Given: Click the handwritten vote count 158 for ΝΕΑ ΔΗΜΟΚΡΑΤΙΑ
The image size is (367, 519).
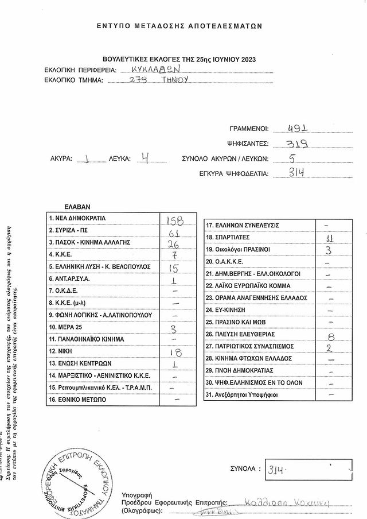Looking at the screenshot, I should click(174, 220).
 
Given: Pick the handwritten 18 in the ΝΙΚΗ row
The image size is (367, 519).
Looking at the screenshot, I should click(175, 352).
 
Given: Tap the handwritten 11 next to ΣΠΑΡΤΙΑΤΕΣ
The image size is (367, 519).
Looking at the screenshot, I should click(329, 238).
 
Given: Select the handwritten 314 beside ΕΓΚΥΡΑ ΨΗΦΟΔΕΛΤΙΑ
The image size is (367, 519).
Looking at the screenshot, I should click(296, 172).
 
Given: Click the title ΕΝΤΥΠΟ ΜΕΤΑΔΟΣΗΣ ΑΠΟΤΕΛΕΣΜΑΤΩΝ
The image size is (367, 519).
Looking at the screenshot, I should click(179, 26).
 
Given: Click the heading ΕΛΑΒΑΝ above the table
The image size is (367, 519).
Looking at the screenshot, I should click(77, 207).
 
